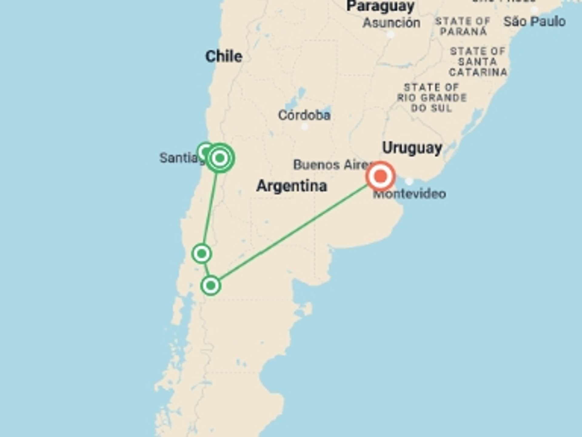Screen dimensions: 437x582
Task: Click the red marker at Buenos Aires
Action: tap(381, 176)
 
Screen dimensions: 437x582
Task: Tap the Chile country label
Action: tap(224, 56)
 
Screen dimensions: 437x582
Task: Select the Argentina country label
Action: tap(292, 186)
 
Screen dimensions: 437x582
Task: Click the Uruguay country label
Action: tap(412, 148)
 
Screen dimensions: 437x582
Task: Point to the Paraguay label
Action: tap(380, 6)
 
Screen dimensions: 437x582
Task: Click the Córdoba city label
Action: tap(304, 115)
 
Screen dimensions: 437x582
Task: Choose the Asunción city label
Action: tap(391, 23)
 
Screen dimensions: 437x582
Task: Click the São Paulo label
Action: tap(534, 22)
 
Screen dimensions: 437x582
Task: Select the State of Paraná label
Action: tap(463, 26)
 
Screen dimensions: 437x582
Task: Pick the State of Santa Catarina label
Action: tap(478, 62)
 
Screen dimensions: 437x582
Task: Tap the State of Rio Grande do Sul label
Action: tap(432, 98)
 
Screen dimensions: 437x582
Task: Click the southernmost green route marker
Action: tap(211, 286)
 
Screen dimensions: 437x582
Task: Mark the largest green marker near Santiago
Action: tap(220, 158)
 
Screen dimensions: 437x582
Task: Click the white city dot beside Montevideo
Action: tap(409, 181)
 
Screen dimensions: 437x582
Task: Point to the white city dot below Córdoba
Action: tap(305, 127)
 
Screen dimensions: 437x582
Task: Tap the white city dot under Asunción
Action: tap(391, 35)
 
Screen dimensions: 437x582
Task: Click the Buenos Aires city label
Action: tap(330, 165)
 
